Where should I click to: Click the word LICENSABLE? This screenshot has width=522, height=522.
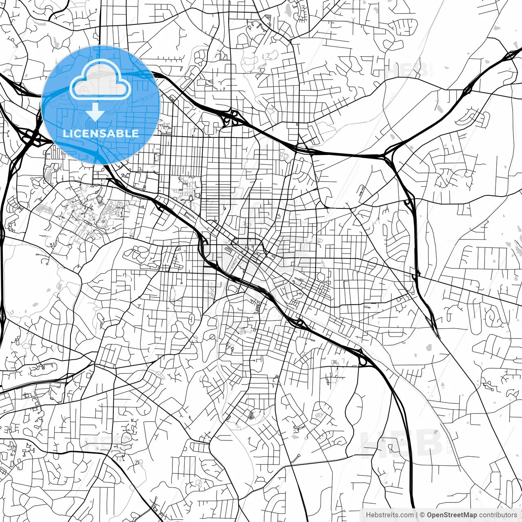[x=101, y=133]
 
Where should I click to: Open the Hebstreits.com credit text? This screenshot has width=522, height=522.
[x=389, y=515]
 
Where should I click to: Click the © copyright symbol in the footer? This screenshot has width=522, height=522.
[x=422, y=515]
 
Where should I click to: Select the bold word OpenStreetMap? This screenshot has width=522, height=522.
[x=452, y=515]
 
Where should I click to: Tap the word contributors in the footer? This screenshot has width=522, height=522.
[x=498, y=515]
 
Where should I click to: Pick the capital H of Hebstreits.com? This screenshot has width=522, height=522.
[x=368, y=515]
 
